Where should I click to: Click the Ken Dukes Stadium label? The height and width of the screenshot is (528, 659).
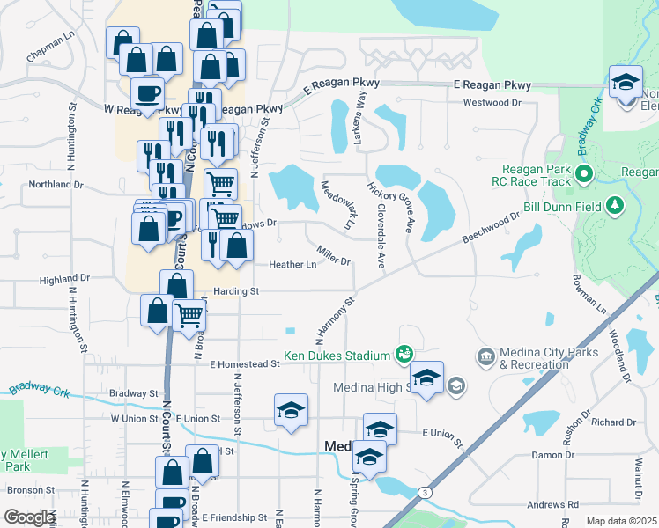tap(337, 356)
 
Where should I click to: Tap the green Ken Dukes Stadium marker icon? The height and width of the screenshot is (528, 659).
tap(404, 354)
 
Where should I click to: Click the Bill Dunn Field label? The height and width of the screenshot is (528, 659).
tap(568, 206)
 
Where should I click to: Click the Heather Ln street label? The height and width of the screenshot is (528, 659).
tap(292, 264)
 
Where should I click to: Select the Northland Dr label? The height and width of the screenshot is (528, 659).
tap(56, 185)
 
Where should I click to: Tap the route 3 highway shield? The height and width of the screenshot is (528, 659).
tap(425, 491)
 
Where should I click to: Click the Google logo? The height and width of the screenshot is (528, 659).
tap(29, 517)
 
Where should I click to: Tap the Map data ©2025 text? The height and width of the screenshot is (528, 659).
tap(620, 521)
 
